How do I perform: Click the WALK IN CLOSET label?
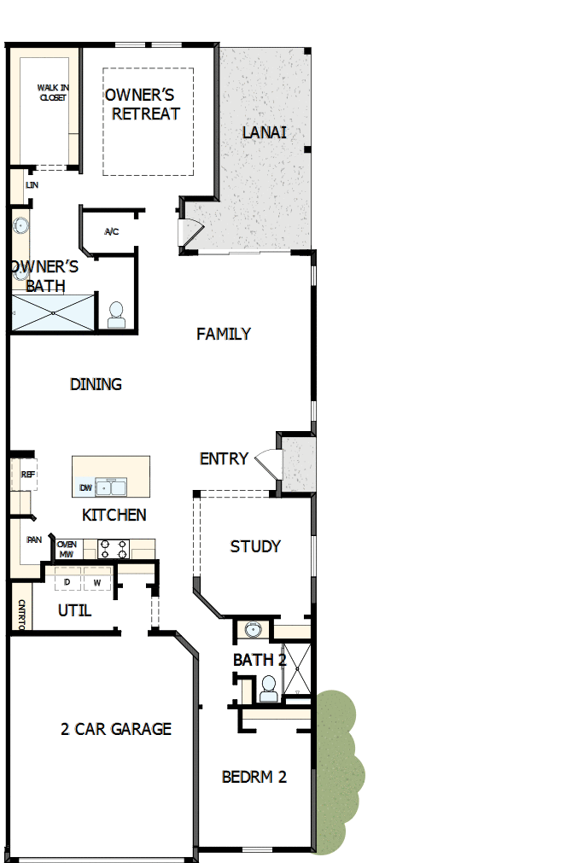[52, 92]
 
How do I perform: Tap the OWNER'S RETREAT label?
[143, 103]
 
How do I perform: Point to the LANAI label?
[264, 132]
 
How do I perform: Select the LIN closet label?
[32, 184]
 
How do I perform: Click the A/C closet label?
[111, 231]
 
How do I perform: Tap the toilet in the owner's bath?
[116, 314]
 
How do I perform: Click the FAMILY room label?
[224, 334]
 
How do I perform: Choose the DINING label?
[96, 384]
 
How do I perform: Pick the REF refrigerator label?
[28, 474]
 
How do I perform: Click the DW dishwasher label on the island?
[85, 488]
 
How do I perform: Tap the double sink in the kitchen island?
[112, 487]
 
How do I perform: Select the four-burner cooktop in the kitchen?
[114, 548]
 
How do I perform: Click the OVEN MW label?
[67, 549]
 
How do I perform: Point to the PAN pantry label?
[34, 539]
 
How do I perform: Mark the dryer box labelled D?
[67, 582]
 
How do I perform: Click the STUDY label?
[255, 546]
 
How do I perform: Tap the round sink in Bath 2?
[252, 630]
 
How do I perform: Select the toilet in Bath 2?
[268, 687]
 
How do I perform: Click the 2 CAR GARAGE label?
[116, 729]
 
